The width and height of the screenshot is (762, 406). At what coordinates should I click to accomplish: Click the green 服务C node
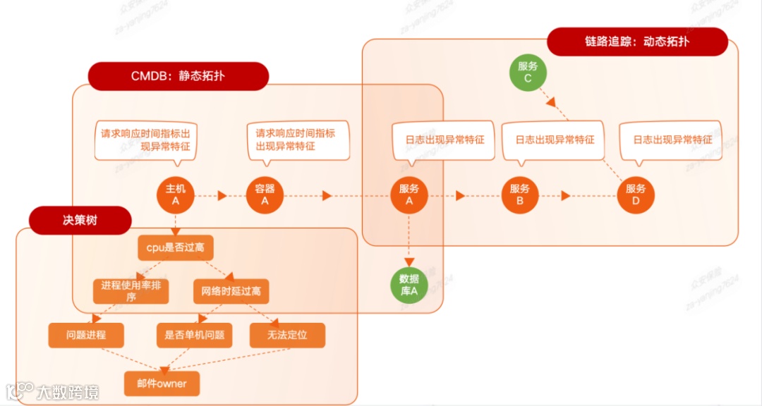(x=528, y=73)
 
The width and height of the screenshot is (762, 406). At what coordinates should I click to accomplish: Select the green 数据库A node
(x=409, y=285)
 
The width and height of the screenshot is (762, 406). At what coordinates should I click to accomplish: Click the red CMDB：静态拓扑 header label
(x=178, y=76)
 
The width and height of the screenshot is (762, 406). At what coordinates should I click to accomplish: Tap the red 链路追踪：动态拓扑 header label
(x=636, y=42)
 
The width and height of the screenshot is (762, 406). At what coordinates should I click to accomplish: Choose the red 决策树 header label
(x=80, y=221)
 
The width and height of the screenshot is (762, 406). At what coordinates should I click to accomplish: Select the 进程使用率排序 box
(x=131, y=290)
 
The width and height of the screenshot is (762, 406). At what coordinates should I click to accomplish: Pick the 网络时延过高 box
(x=231, y=290)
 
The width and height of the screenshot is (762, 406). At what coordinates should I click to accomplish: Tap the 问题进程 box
(x=85, y=335)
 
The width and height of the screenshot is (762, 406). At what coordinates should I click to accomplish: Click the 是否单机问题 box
(x=194, y=335)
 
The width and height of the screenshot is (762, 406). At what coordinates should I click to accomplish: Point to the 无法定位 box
(x=287, y=335)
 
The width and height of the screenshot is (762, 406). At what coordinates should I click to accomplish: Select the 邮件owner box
(x=162, y=383)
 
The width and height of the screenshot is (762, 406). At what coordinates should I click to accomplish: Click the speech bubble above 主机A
(x=145, y=140)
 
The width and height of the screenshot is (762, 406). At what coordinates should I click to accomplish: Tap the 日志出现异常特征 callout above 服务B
(x=555, y=140)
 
